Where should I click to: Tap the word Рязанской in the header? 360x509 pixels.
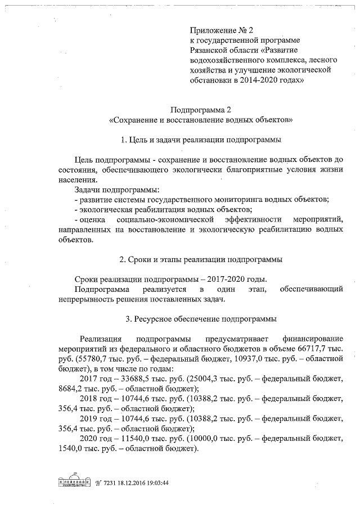(x=210, y=50)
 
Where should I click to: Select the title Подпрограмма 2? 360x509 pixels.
(x=201, y=110)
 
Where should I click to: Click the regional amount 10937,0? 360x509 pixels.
(x=244, y=359)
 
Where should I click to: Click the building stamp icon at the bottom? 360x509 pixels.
(x=75, y=483)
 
